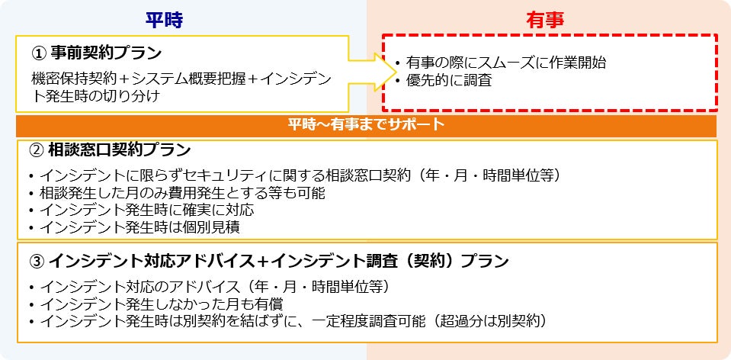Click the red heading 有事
click(x=545, y=21)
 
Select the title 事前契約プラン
click(x=106, y=53)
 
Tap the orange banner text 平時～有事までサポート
click(x=366, y=125)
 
